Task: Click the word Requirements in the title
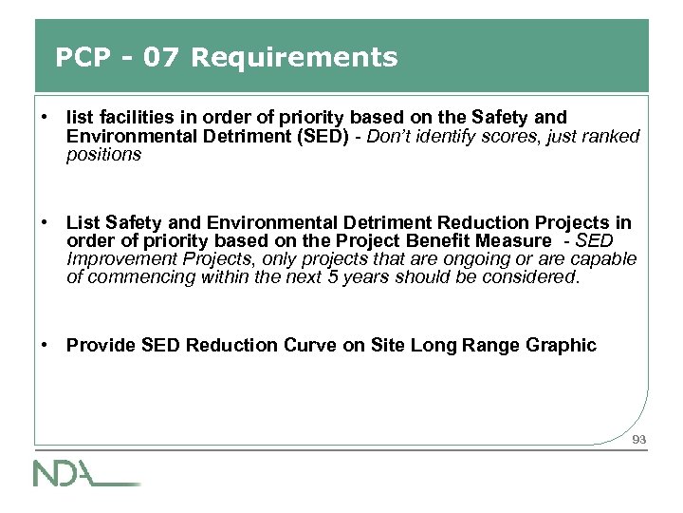(294, 58)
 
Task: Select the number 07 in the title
(159, 58)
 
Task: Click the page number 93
(638, 439)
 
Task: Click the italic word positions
(103, 154)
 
